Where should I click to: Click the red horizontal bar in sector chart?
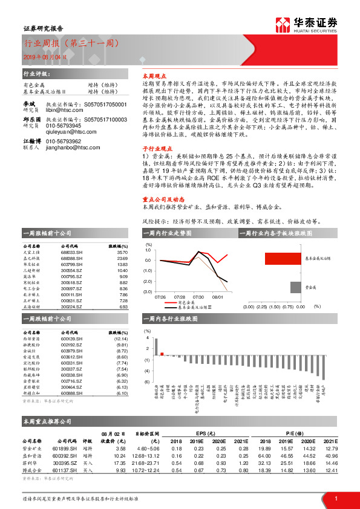282,258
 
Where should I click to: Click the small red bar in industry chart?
162,354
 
